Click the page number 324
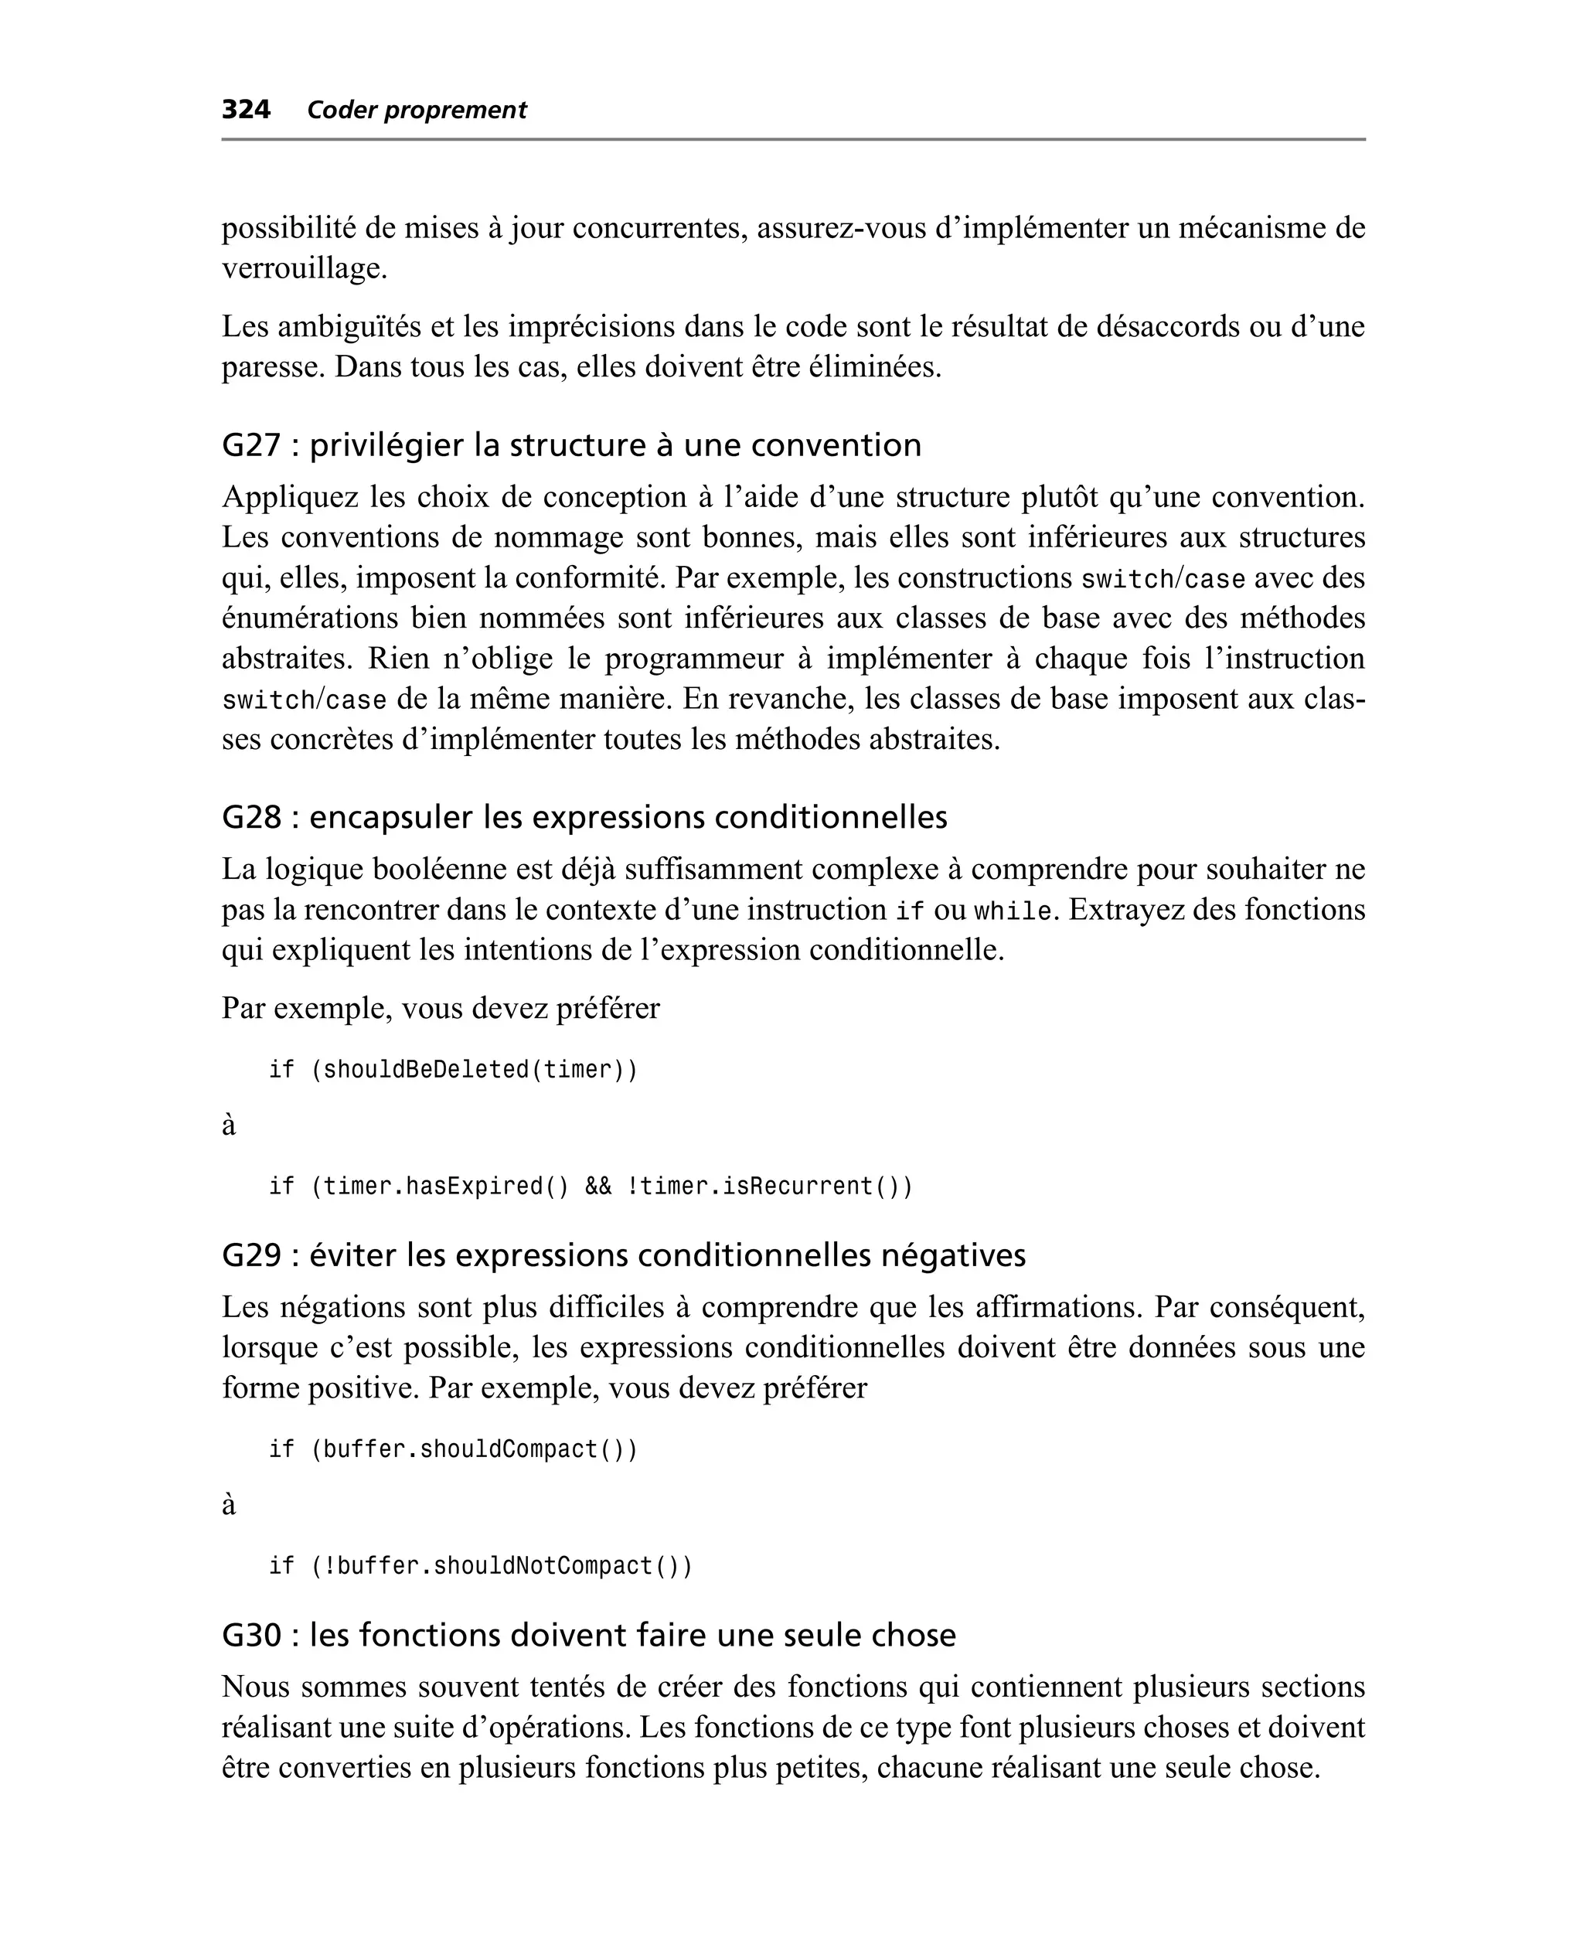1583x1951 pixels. click(x=245, y=111)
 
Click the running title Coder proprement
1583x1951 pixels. click(x=417, y=111)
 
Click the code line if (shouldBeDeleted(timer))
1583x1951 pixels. click(x=453, y=1069)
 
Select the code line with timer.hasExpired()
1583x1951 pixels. click(x=590, y=1186)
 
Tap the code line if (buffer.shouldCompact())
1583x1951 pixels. click(x=453, y=1449)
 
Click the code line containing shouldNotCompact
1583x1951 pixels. click(x=481, y=1566)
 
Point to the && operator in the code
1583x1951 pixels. click(x=598, y=1186)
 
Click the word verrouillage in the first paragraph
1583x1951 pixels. click(x=305, y=268)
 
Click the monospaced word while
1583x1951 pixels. click(x=1012, y=911)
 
